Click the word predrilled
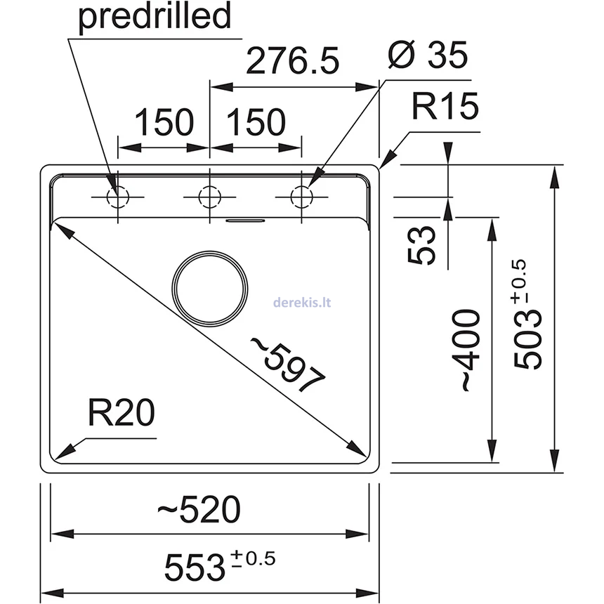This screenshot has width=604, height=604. click(155, 17)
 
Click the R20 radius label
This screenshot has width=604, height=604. click(121, 414)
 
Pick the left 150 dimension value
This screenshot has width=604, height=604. click(164, 123)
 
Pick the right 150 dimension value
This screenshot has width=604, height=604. click(256, 123)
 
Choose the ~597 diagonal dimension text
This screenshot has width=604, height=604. click(288, 362)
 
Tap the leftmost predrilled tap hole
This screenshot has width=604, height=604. click(117, 197)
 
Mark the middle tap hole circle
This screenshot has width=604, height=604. click(209, 197)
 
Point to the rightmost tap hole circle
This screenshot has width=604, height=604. click(301, 197)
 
